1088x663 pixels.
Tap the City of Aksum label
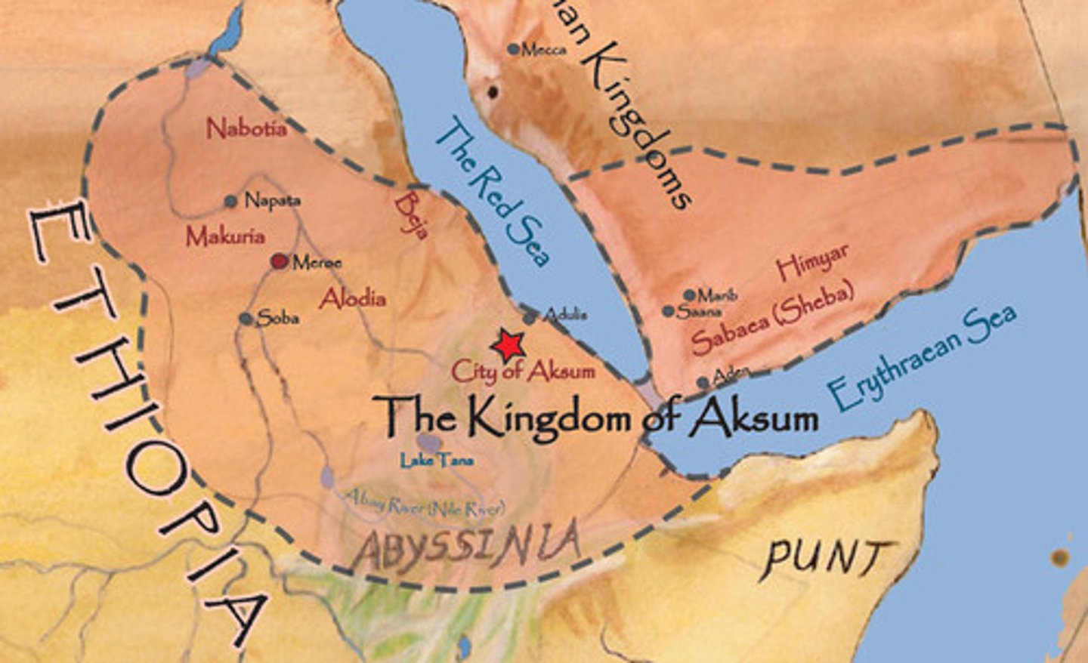coord(523,371)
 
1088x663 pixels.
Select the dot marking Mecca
coord(514,50)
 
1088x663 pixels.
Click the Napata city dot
coord(231,202)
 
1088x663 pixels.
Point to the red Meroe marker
coord(280,261)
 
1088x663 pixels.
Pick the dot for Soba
coord(245,319)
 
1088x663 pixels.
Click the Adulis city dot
coord(530,317)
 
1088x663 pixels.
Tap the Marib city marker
coord(689,295)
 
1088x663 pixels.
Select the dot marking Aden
coord(703,383)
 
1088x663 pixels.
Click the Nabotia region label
coord(247,128)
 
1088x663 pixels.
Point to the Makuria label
coord(225,237)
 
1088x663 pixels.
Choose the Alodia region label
coord(352,299)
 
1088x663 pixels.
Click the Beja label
coord(413,214)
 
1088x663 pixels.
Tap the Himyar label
coord(812,263)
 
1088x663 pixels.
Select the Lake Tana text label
coord(437,459)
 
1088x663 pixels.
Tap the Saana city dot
coord(668,311)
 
